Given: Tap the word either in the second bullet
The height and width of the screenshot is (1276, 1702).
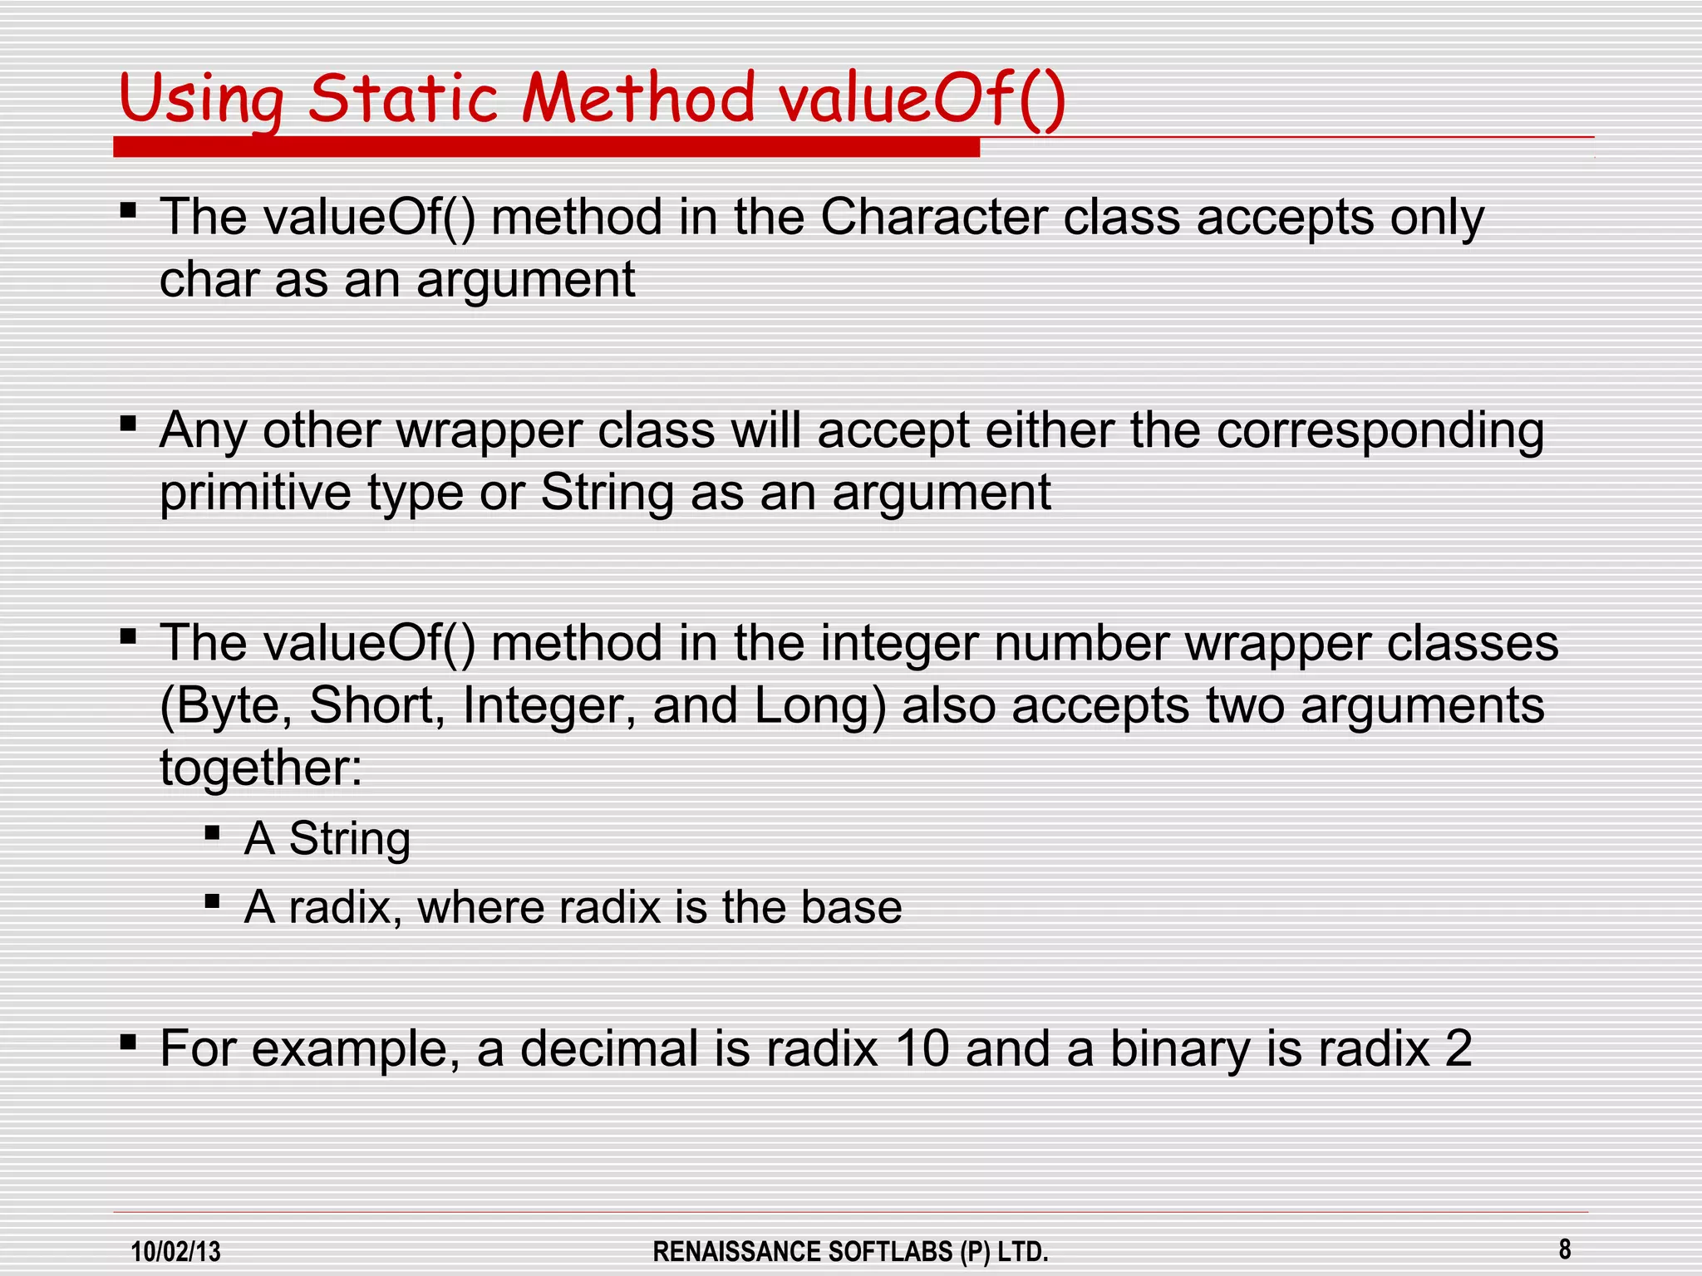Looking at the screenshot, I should click(1049, 431).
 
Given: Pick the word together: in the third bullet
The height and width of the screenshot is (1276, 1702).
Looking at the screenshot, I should click(261, 768).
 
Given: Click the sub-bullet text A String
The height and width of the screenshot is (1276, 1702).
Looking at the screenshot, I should click(327, 838).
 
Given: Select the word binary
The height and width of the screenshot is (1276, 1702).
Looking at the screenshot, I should click(1181, 1048).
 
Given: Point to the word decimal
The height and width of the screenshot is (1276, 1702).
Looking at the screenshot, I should click(609, 1048).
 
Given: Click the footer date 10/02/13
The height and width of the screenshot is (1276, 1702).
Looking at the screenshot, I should click(176, 1251).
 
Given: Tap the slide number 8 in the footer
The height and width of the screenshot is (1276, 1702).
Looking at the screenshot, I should click(1565, 1249).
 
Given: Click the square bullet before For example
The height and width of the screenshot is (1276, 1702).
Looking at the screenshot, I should click(128, 1042).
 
